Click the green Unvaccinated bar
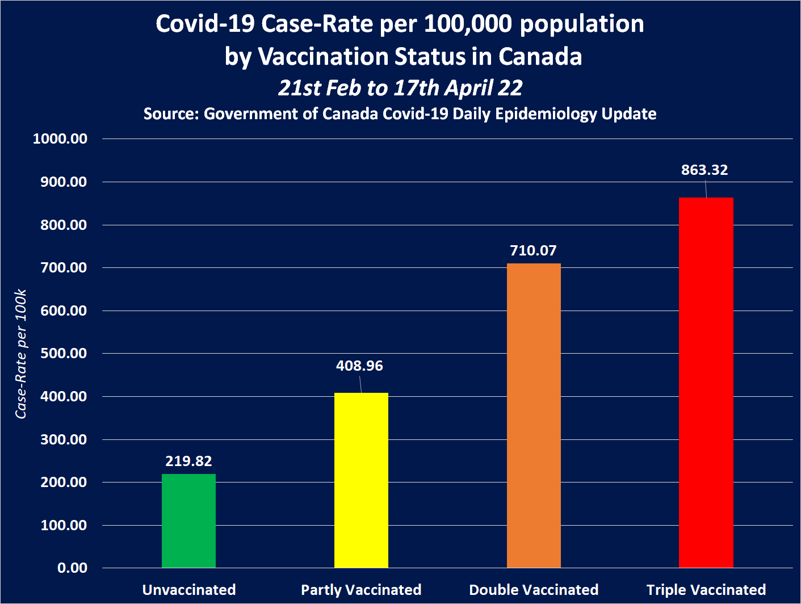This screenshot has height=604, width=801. point(188,521)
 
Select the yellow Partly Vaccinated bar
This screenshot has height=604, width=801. point(361,480)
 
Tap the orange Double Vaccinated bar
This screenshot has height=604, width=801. point(534,415)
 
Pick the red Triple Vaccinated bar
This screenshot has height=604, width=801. point(706,382)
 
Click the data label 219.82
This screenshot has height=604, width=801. point(188,461)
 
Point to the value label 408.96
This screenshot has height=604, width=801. point(359,366)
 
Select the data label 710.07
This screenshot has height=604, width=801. point(533,250)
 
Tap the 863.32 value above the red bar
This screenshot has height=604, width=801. point(704,170)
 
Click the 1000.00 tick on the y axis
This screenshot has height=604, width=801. point(60,139)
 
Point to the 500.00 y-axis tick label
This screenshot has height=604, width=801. point(64,353)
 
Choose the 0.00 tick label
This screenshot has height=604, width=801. point(72,568)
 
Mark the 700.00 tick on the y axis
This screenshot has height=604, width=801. point(64,267)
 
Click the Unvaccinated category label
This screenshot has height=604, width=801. point(189,590)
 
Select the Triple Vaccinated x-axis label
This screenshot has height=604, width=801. point(706,590)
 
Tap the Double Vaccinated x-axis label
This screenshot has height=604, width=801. point(534,590)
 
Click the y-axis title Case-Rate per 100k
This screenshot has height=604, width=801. point(21,354)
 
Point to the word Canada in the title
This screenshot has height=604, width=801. point(540,56)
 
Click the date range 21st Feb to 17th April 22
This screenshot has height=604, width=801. point(400,87)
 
